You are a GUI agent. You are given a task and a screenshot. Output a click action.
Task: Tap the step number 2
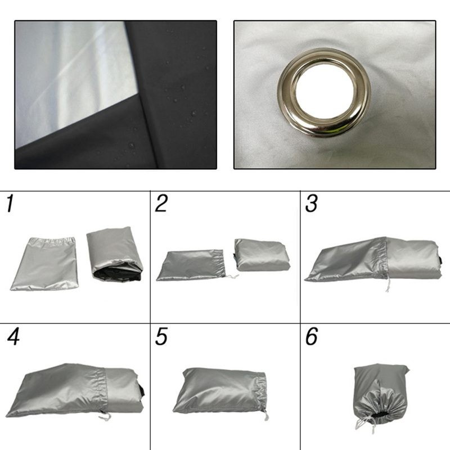click(x=161, y=204)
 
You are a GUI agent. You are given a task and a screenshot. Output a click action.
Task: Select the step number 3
click(x=312, y=204)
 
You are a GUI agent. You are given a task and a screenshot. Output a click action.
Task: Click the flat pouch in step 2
click(x=189, y=265)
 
